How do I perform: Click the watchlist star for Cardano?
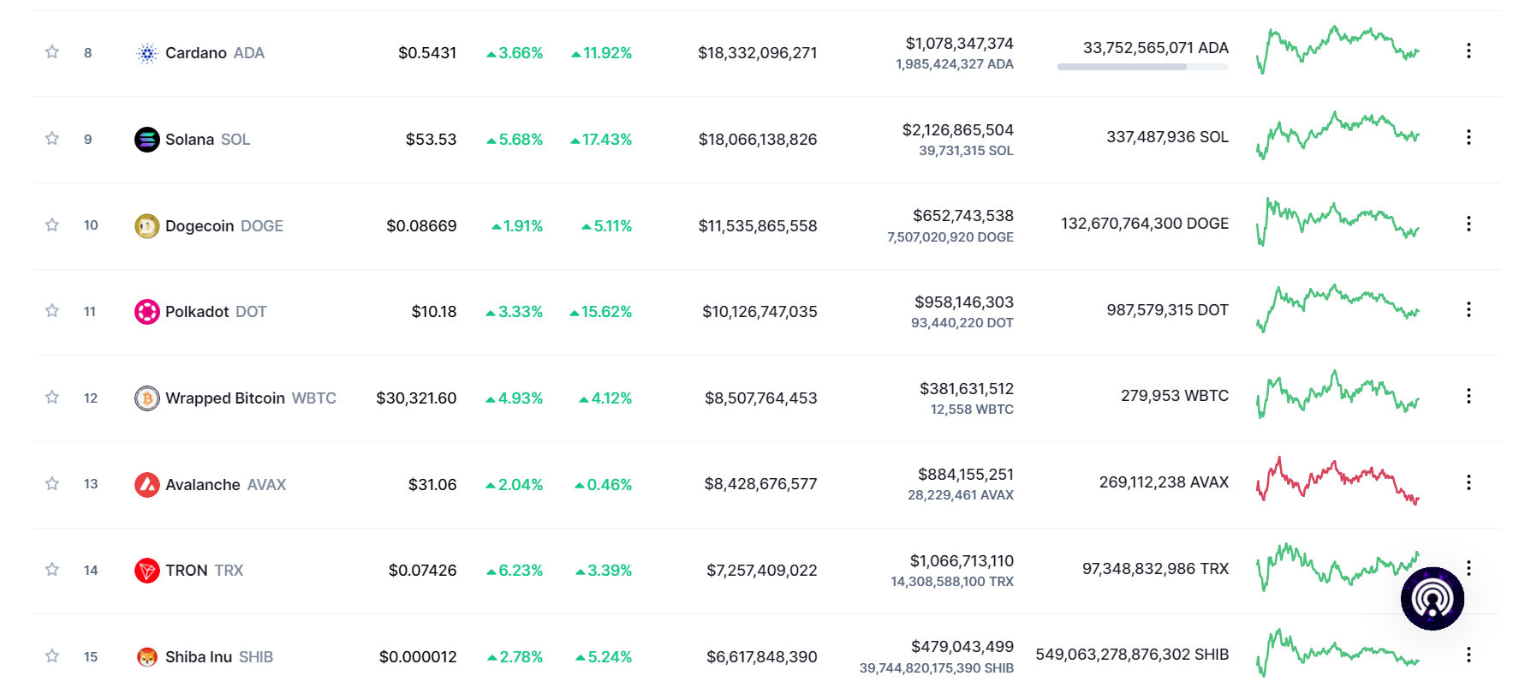pyautogui.click(x=52, y=52)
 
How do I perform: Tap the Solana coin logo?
pyautogui.click(x=147, y=139)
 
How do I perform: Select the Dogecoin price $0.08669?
pyautogui.click(x=421, y=226)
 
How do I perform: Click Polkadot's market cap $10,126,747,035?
pyautogui.click(x=759, y=312)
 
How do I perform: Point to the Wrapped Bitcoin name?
pyautogui.click(x=224, y=398)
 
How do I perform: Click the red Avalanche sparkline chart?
pyautogui.click(x=1337, y=482)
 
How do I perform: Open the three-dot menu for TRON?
pyautogui.click(x=1468, y=568)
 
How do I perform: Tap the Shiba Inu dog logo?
pyautogui.click(x=147, y=657)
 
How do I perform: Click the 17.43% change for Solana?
pyautogui.click(x=602, y=140)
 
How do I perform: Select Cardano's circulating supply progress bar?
pyautogui.click(x=1142, y=67)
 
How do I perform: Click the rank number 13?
pyautogui.click(x=91, y=484)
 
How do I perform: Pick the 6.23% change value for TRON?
pyautogui.click(x=515, y=571)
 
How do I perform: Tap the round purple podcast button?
pyautogui.click(x=1432, y=599)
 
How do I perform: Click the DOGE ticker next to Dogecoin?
pyautogui.click(x=262, y=226)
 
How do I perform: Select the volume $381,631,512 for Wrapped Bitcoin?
pyautogui.click(x=966, y=389)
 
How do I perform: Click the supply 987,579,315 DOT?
pyautogui.click(x=1167, y=310)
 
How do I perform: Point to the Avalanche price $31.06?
pyautogui.click(x=432, y=485)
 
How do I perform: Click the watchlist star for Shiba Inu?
pyautogui.click(x=52, y=656)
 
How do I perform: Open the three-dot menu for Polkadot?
pyautogui.click(x=1468, y=309)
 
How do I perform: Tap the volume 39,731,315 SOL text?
pyautogui.click(x=966, y=151)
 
